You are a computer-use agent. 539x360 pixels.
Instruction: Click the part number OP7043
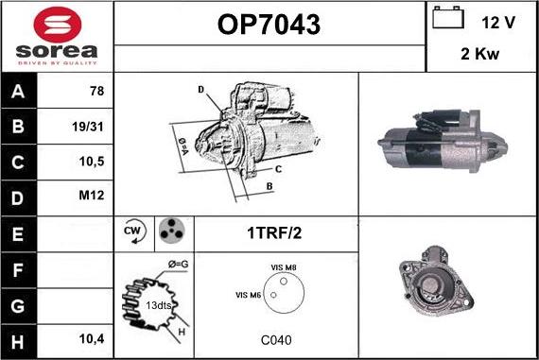[x=269, y=25]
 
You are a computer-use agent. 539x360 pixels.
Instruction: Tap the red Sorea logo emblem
[x=58, y=25]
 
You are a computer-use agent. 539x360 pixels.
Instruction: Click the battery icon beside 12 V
[x=448, y=17]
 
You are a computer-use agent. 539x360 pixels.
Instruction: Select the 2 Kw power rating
[x=479, y=54]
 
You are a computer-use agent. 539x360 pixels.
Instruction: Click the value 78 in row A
[x=97, y=91]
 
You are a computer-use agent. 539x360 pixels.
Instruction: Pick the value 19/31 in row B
[x=88, y=127]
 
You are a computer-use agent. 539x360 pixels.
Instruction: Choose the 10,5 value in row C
[x=92, y=162]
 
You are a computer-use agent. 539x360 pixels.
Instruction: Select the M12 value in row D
[x=92, y=195]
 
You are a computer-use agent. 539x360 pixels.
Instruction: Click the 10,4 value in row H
[x=92, y=339]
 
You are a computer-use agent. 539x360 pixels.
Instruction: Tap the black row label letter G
[x=18, y=306]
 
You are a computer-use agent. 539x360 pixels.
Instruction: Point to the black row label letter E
[x=18, y=234]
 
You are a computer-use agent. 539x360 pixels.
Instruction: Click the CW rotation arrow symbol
[x=134, y=231]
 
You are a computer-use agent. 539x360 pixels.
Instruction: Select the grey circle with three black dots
[x=171, y=231]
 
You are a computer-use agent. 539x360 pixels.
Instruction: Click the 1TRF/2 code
[x=274, y=232]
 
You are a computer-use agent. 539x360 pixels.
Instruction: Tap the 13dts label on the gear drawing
[x=158, y=305]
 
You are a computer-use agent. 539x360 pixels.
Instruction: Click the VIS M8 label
[x=284, y=267]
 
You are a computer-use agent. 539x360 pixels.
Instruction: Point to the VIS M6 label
[x=248, y=295]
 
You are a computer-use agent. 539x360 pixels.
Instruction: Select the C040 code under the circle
[x=276, y=340]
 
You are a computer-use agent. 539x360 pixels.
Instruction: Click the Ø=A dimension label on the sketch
[x=183, y=146]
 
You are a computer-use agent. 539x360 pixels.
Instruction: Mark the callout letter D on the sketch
[x=201, y=90]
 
